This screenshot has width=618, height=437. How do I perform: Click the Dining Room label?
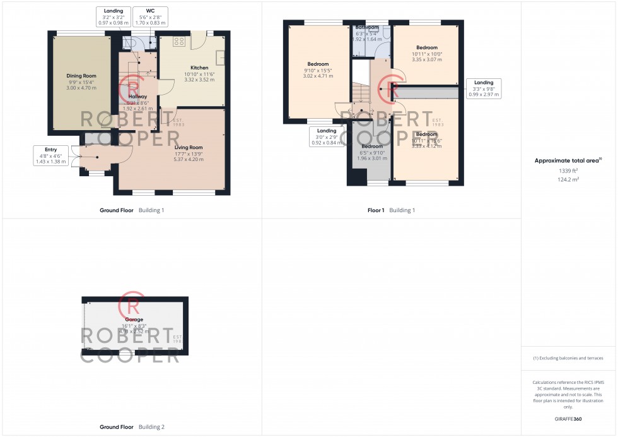[x=77, y=76]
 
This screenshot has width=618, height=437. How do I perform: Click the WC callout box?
[x=150, y=16]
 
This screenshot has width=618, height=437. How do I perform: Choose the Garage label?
[x=134, y=320]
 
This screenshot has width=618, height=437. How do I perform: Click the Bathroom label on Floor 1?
[x=367, y=28]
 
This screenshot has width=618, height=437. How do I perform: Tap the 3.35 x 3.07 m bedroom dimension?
[x=426, y=60]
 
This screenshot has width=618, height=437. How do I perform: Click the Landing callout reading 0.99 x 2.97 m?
[x=484, y=88]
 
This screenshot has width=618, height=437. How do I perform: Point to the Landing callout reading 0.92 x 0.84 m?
[x=327, y=136]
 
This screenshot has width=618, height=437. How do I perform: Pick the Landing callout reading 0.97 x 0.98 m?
[x=114, y=16]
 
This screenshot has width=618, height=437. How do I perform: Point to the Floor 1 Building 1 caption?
[x=391, y=210]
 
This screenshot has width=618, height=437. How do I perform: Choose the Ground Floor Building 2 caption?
[x=132, y=427]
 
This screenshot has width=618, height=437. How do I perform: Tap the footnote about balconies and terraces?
[x=568, y=358]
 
